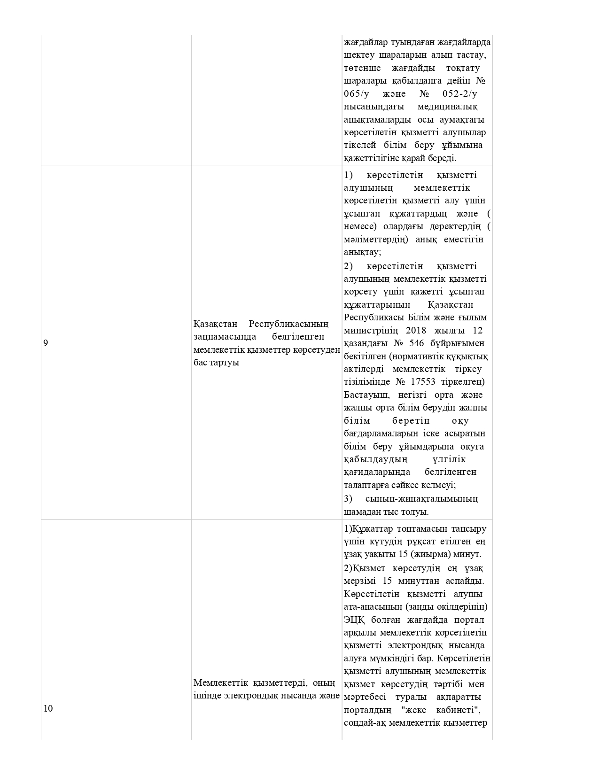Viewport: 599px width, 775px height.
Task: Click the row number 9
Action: click(x=46, y=343)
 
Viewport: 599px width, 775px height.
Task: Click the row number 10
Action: click(x=48, y=709)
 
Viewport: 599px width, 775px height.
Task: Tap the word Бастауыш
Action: click(x=366, y=395)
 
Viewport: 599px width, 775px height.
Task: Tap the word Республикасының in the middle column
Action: click(x=288, y=324)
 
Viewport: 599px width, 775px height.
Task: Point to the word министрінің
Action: click(x=371, y=330)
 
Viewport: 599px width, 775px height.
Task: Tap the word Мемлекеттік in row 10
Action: click(x=220, y=682)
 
